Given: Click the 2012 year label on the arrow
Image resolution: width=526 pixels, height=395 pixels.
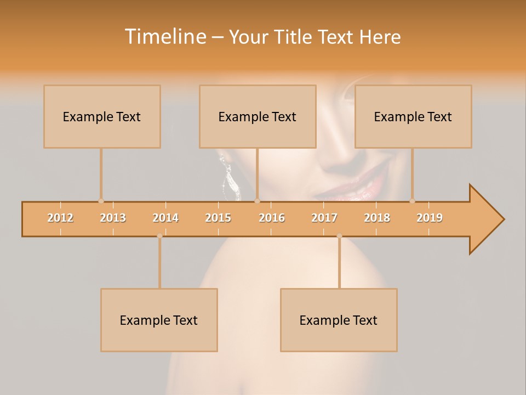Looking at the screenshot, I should (x=60, y=218).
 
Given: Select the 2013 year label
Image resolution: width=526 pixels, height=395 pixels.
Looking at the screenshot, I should (x=113, y=218).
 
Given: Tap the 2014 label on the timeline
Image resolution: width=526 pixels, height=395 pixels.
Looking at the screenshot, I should (x=165, y=218).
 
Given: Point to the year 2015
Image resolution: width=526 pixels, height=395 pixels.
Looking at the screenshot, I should (x=218, y=218).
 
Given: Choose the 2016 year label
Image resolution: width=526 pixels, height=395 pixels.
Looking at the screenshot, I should (x=272, y=218).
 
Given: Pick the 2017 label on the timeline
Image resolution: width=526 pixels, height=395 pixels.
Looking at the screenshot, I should (x=324, y=218).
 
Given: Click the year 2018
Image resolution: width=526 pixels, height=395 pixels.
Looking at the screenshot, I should (x=377, y=218).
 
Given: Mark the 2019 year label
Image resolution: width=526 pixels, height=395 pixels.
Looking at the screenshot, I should (x=430, y=218).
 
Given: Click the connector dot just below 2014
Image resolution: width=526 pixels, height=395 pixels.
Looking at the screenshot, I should (x=159, y=236).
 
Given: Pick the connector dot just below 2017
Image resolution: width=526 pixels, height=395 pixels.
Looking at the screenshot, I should (x=339, y=236).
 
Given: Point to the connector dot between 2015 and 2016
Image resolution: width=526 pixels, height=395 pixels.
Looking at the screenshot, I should (x=257, y=201).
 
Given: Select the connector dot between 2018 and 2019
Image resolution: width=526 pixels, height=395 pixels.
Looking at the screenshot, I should (x=413, y=201).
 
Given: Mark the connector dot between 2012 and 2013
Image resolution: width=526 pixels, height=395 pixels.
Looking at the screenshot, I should (x=101, y=201).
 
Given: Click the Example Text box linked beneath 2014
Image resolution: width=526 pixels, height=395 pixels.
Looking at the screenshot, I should (x=159, y=320).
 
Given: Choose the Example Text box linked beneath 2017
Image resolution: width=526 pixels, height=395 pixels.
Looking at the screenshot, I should (x=339, y=320).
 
